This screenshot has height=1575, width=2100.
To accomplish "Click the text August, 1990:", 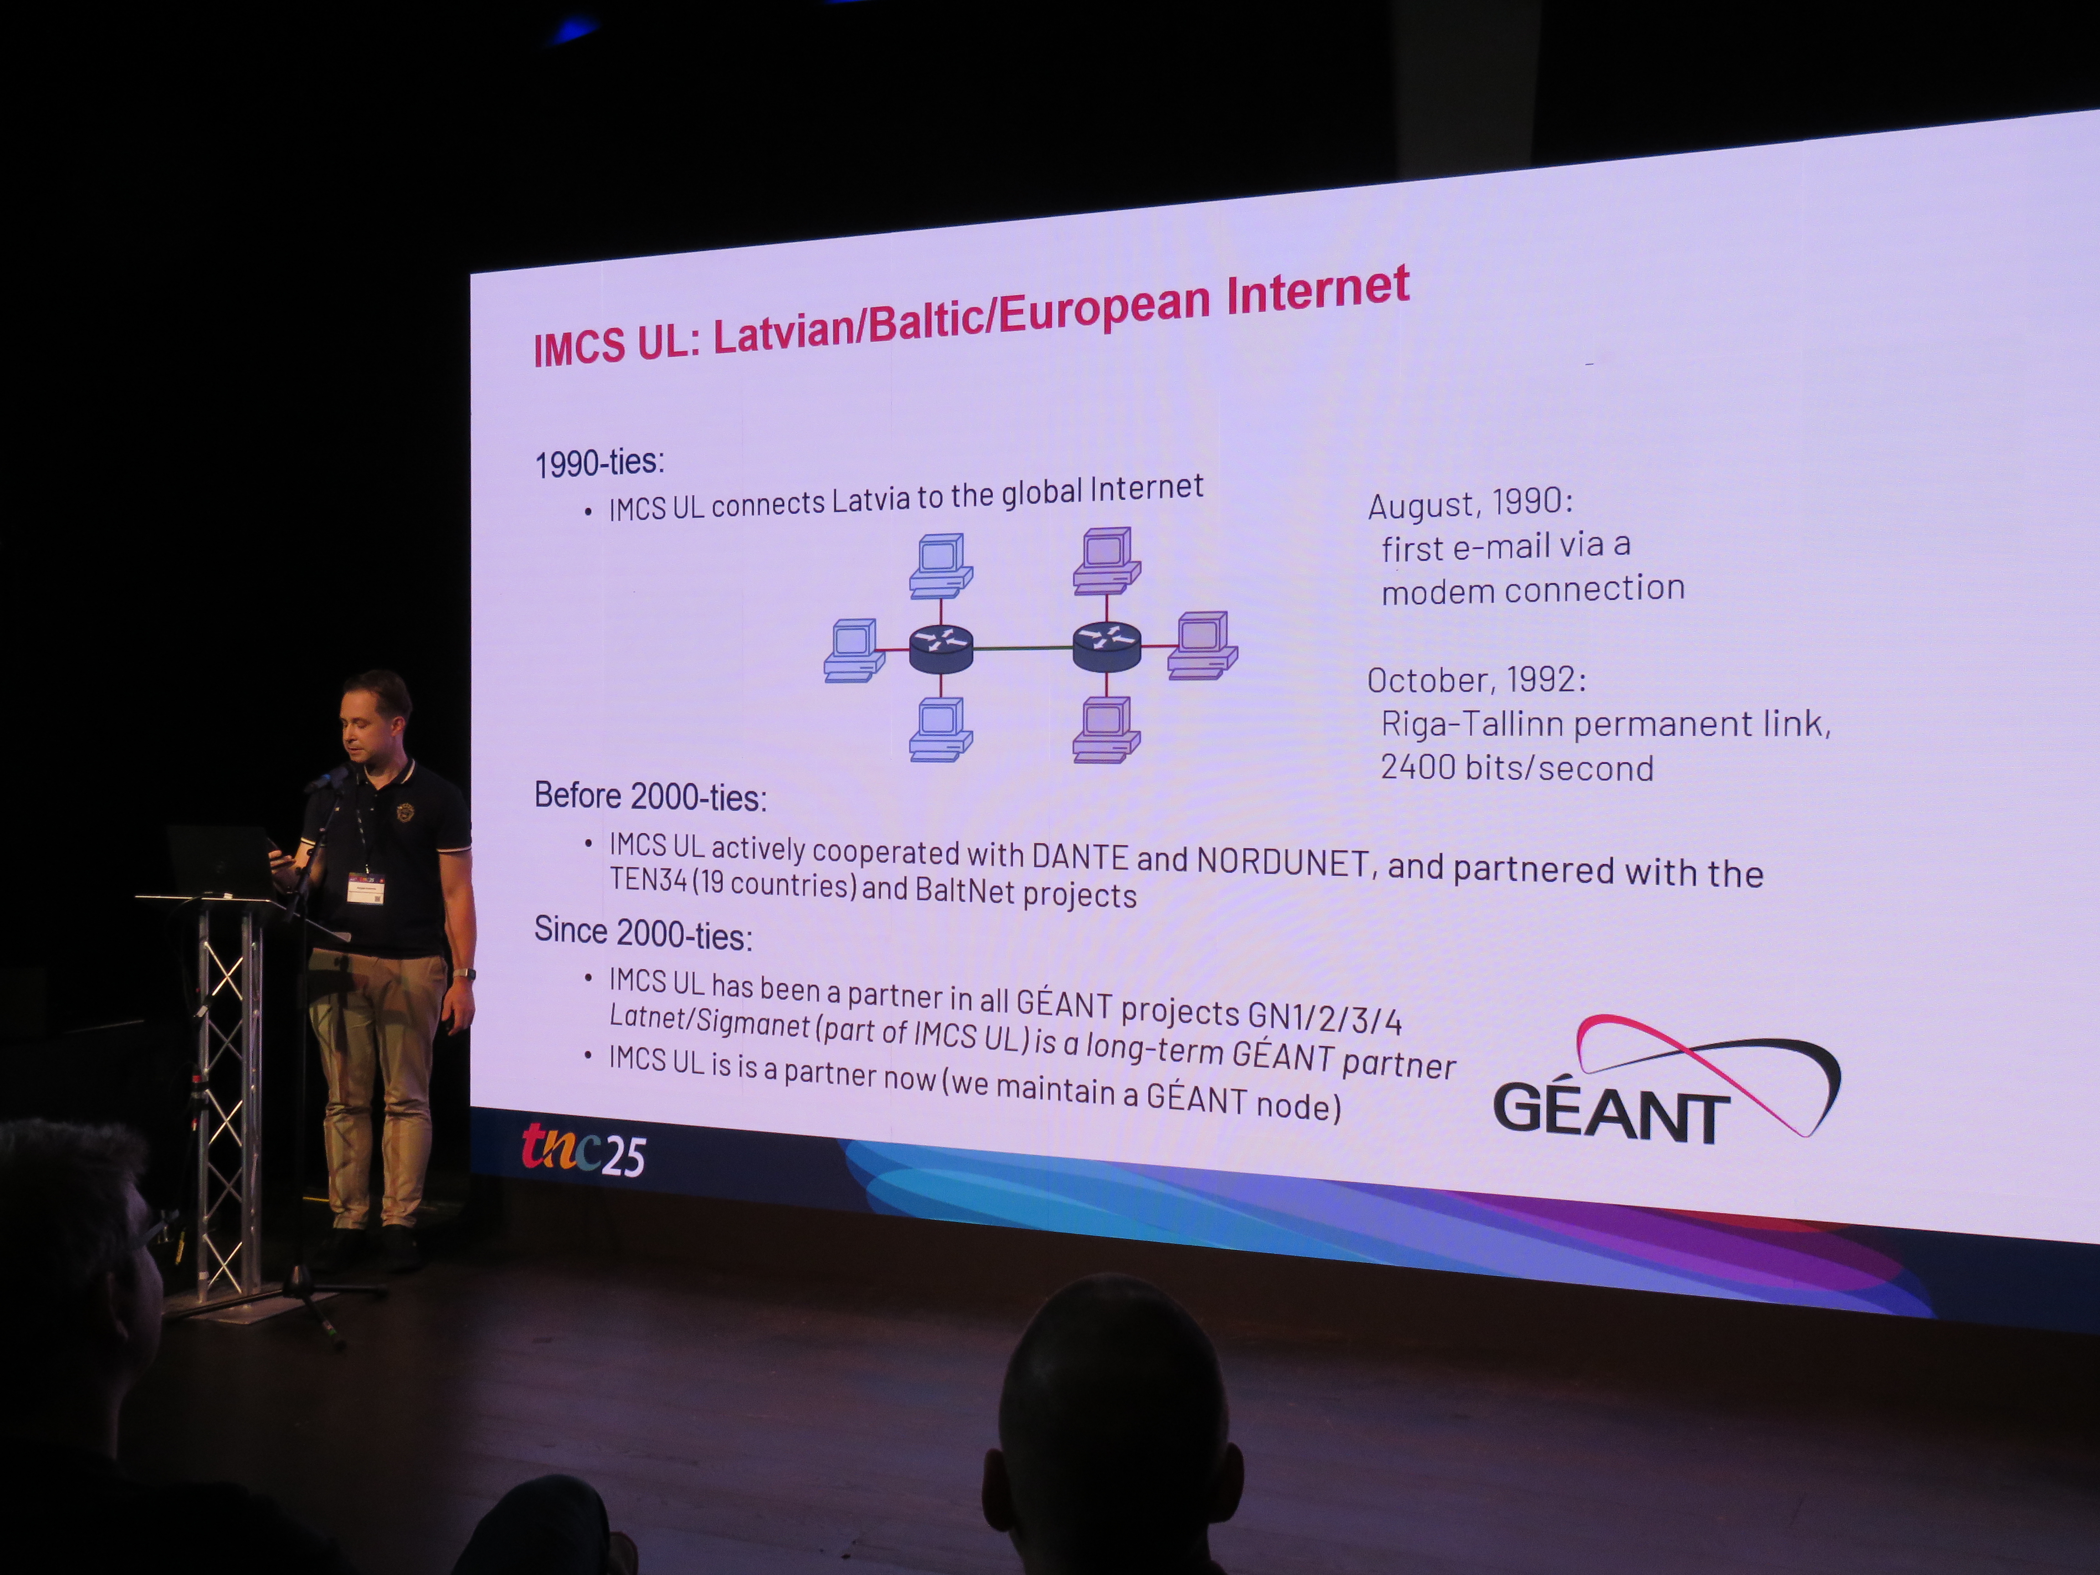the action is (1470, 502).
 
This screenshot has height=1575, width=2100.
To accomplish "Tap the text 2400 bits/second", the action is (1516, 767).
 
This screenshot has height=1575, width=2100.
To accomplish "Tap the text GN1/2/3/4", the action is (1324, 1017).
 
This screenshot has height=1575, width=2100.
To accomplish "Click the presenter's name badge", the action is (365, 889).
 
